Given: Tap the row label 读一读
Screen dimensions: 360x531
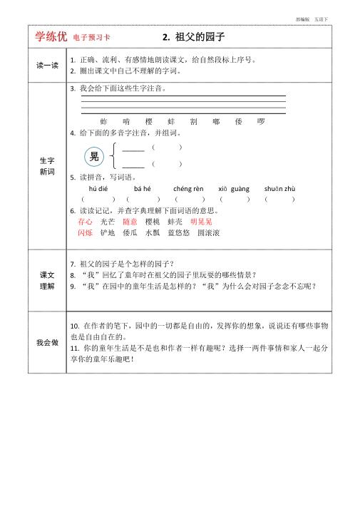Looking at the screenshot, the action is [47, 66].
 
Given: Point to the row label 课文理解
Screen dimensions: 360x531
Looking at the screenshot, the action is [47, 280].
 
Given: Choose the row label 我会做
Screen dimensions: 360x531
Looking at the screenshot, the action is [47, 342].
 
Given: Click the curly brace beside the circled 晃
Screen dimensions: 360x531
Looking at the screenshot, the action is [113, 156].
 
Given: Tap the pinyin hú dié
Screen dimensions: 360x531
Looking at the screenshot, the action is [98, 188].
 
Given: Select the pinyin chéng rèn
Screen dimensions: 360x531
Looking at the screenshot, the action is [188, 188].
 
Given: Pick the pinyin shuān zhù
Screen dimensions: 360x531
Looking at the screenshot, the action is [279, 188].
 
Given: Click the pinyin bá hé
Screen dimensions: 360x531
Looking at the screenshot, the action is [143, 188].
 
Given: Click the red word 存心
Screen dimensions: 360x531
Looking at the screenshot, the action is [85, 222].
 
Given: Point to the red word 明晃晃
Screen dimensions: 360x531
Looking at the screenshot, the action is [201, 222].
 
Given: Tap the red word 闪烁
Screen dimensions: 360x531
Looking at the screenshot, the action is [85, 232].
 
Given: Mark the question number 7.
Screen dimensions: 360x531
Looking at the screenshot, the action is [73, 264].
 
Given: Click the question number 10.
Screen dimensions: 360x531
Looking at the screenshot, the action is [74, 325].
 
